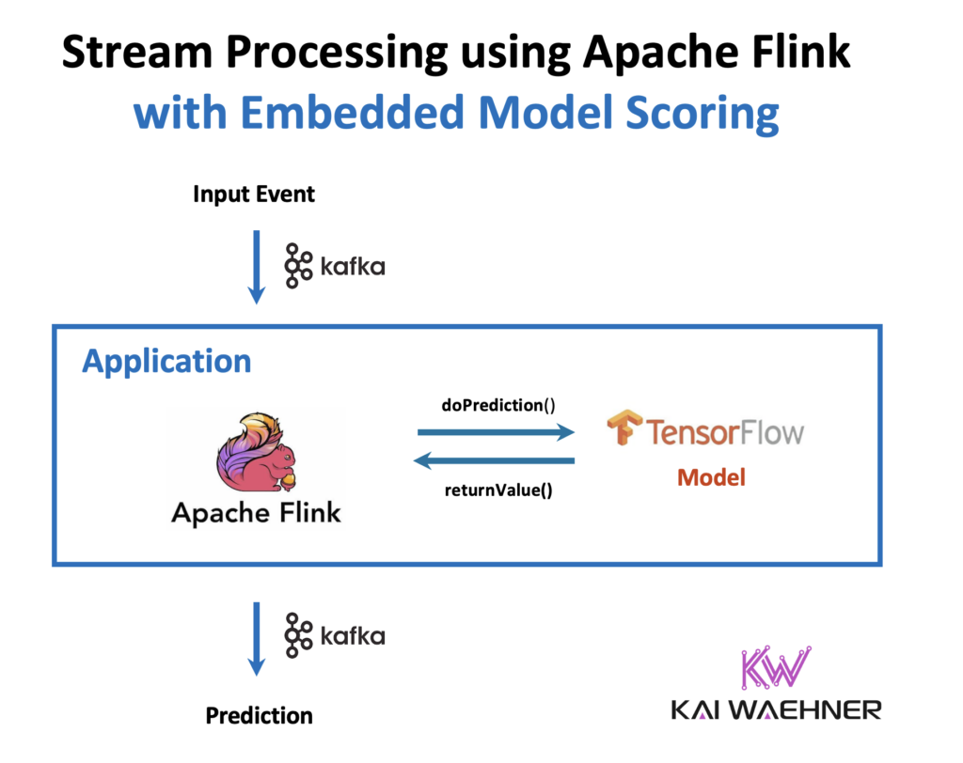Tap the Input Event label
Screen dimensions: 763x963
254,195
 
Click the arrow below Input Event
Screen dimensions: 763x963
255,267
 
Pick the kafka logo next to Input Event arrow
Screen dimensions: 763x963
335,266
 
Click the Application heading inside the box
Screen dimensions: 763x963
166,361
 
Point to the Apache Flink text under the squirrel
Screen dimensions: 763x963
256,513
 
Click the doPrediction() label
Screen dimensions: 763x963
498,405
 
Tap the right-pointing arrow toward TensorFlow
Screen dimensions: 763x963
496,432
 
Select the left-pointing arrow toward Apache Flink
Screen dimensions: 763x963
496,460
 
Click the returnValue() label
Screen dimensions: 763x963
497,489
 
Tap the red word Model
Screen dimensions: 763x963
711,477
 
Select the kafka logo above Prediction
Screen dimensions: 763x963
335,636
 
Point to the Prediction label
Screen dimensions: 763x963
259,716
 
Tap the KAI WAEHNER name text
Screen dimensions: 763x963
776,709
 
